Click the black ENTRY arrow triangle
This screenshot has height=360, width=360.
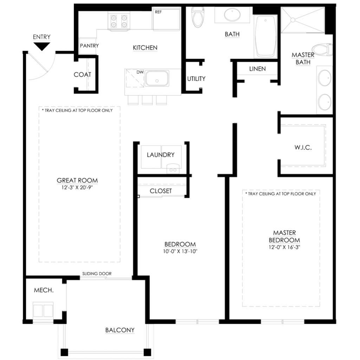click(x=41, y=46)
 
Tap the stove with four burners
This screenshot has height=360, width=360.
click(x=119, y=21)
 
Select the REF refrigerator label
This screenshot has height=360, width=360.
click(x=158, y=12)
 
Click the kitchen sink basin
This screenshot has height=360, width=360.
click(x=157, y=78)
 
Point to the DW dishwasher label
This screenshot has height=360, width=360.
click(x=140, y=72)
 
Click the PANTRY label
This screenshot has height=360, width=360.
click(x=89, y=46)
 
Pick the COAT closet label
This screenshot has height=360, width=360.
click(x=82, y=75)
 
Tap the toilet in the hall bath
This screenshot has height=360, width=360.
click(x=198, y=17)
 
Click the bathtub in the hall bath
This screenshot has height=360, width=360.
click(x=265, y=36)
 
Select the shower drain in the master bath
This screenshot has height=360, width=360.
click(x=293, y=20)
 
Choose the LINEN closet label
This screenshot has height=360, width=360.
click(x=257, y=69)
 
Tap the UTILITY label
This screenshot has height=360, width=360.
click(x=196, y=79)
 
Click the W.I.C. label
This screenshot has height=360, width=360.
click(x=303, y=147)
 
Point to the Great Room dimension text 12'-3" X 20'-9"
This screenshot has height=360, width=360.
click(x=77, y=187)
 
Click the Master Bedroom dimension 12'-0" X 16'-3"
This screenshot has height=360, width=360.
click(x=284, y=247)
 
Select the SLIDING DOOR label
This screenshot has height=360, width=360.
click(x=97, y=274)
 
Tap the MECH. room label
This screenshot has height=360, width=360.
click(x=44, y=290)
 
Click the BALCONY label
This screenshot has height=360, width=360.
click(x=120, y=330)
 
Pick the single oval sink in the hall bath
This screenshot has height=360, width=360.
click(x=232, y=14)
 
